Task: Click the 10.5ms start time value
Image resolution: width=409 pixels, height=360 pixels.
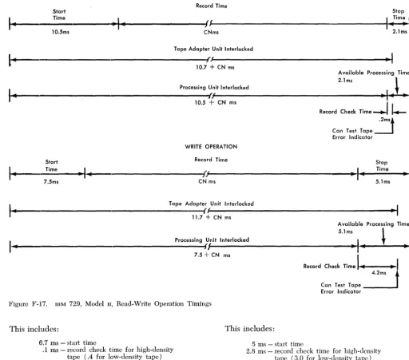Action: (61, 32)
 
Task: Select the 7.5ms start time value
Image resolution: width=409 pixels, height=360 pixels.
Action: (51, 182)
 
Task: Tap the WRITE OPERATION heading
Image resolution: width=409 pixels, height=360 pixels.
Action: (211, 147)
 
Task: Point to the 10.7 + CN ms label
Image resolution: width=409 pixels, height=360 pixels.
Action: (215, 67)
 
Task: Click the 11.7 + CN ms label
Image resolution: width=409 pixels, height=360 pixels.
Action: (212, 217)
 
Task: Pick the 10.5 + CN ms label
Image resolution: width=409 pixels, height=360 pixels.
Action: (216, 103)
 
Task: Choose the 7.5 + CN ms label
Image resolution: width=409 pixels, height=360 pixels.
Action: (212, 255)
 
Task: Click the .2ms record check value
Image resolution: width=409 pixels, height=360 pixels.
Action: (385, 120)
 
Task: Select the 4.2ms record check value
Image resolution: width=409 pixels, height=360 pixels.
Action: (379, 273)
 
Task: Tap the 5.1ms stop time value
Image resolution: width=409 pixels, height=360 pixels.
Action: (383, 182)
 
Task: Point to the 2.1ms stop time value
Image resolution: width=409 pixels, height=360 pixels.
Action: (399, 31)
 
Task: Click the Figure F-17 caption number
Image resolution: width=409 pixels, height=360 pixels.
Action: (28, 304)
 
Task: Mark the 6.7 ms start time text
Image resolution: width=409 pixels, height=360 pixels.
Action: (67, 342)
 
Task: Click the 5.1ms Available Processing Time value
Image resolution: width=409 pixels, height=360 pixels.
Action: (345, 231)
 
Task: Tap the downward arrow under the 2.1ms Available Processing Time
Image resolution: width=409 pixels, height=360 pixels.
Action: (397, 85)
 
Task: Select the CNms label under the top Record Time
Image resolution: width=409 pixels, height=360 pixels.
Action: (211, 32)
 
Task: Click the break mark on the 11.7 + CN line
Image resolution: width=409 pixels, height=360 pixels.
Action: (206, 211)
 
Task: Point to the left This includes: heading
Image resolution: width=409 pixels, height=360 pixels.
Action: (34, 329)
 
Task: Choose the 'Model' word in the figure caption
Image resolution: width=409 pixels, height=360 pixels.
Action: (94, 304)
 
